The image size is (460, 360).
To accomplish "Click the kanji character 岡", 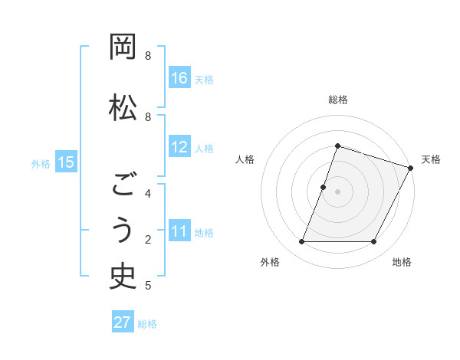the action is pos(123,47).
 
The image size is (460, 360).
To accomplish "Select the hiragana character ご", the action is pos(123,185).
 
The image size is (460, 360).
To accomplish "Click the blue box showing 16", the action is pos(179,77).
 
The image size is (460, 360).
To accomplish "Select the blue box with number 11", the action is pos(179,231).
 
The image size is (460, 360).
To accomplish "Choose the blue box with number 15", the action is pos(65,162).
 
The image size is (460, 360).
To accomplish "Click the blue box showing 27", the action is pos(123,322).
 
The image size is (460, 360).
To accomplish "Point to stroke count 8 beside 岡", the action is pos(148,56).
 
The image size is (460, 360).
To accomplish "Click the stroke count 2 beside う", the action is pos(148,239).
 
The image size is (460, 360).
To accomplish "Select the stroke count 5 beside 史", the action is pos(148,286).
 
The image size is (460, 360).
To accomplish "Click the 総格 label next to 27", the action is pos(147,324).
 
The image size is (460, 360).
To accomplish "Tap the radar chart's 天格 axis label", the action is pos(431,159).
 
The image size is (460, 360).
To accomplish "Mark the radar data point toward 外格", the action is pos(301,242).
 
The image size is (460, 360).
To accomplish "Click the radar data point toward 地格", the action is pos(374,242).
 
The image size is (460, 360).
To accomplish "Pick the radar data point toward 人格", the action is pos(324,187).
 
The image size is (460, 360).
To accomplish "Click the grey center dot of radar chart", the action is pos(337,191).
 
